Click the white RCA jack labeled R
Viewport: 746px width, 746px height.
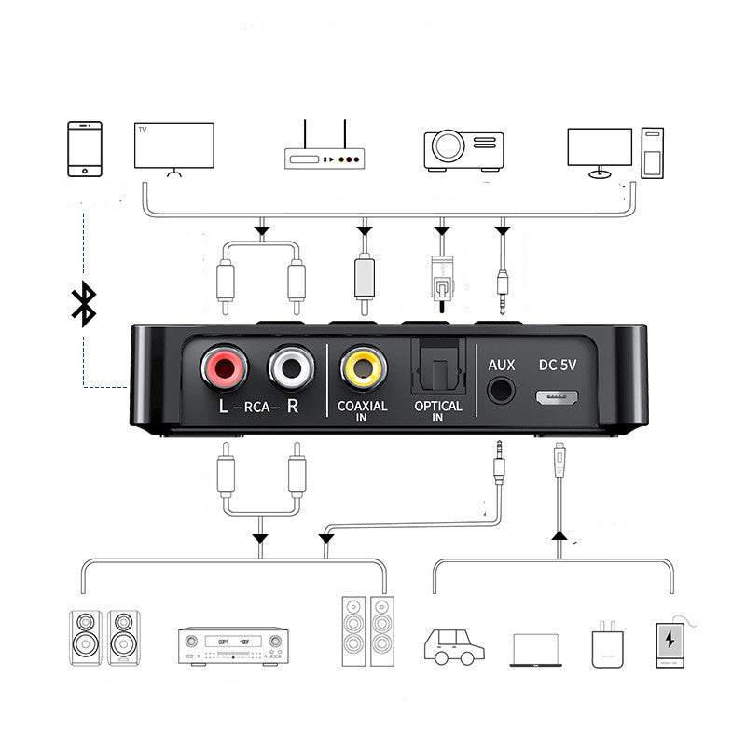point(290,367)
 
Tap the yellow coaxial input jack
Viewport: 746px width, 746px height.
point(363,367)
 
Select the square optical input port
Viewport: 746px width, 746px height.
point(436,365)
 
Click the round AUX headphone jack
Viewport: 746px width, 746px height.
point(502,389)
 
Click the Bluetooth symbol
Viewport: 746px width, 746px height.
point(84,305)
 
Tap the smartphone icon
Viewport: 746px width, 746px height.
point(85,147)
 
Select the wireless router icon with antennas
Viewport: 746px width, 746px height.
point(325,153)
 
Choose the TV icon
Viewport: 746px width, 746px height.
point(174,147)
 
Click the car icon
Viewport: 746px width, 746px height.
point(454,644)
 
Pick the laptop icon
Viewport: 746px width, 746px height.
point(535,650)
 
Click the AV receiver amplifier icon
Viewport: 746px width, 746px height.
point(233,645)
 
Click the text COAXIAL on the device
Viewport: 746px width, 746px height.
point(363,408)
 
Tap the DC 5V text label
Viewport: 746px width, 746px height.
point(558,366)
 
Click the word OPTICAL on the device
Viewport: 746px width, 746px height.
point(437,407)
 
